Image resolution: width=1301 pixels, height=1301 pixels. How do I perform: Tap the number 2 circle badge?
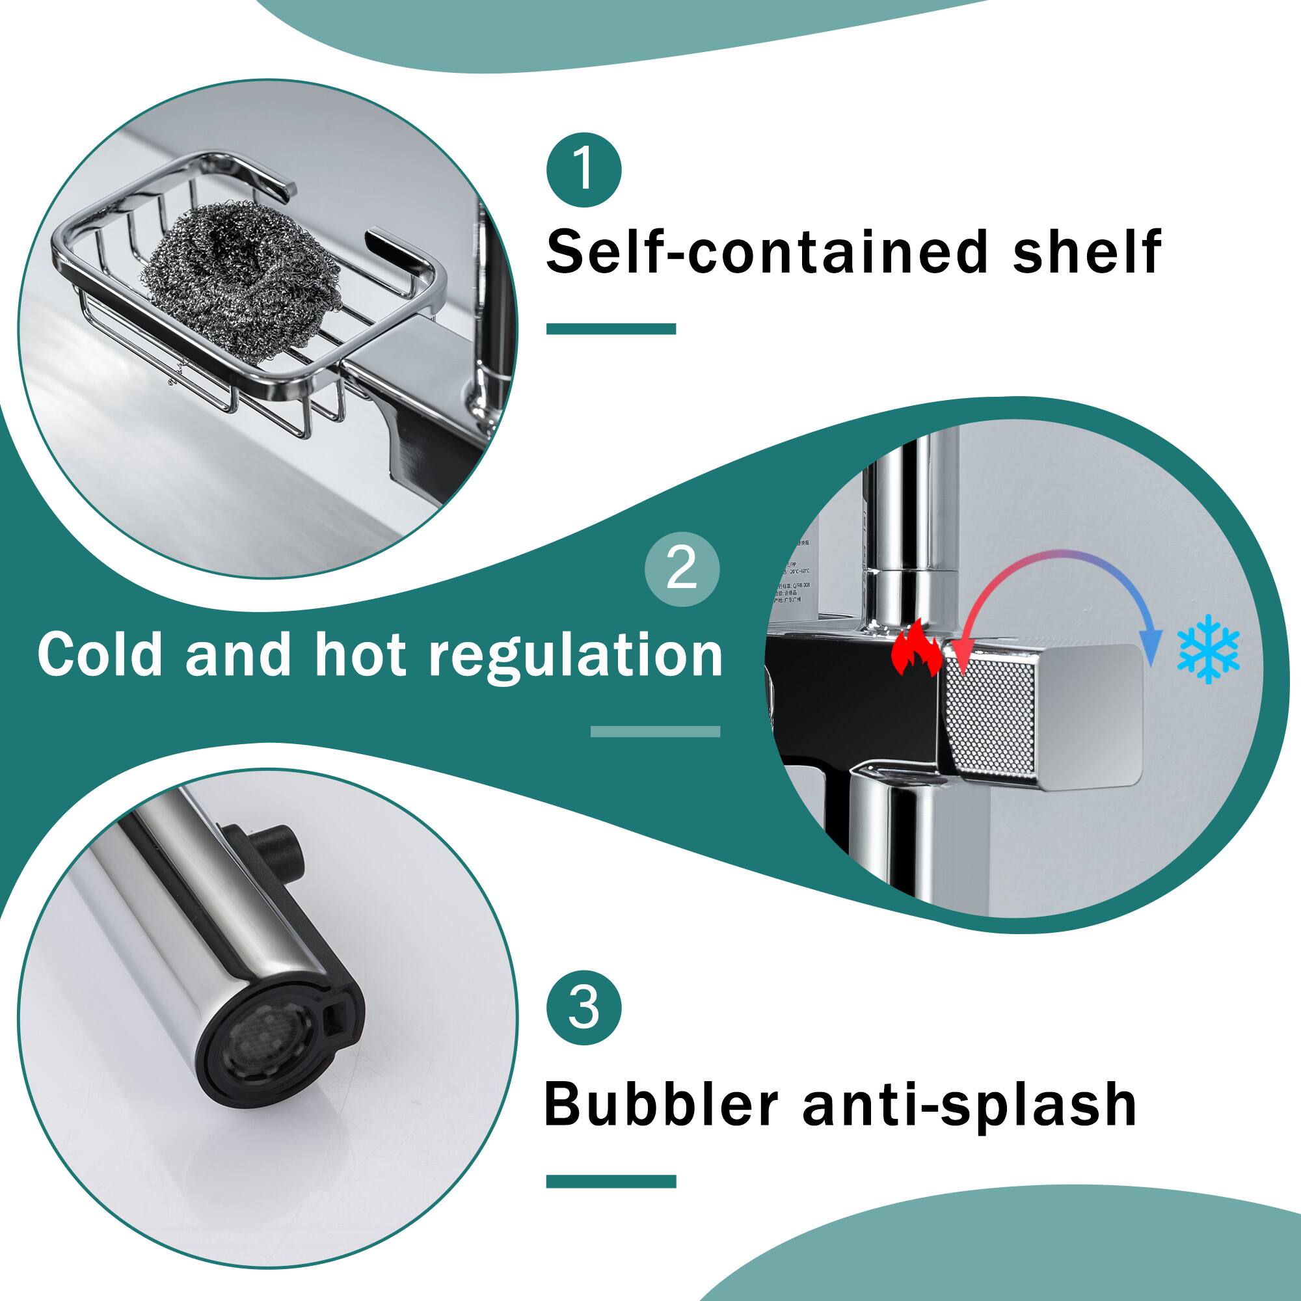click(x=682, y=569)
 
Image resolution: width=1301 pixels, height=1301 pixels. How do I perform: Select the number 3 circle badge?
click(x=583, y=1008)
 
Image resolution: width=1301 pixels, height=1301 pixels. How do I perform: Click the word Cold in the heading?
click(x=100, y=654)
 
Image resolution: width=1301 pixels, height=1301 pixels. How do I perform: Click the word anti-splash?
click(x=970, y=1105)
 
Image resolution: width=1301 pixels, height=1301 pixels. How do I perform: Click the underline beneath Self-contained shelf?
click(x=610, y=329)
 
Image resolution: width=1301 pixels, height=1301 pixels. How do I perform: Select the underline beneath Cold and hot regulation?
click(x=654, y=731)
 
